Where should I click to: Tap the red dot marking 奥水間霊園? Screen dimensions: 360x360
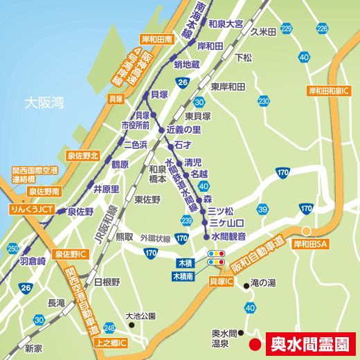click(254, 343)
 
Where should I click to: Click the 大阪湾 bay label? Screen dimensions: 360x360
click(44, 103)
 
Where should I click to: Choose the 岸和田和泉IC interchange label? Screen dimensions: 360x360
click(330, 91)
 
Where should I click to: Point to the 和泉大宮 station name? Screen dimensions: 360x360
click(226, 24)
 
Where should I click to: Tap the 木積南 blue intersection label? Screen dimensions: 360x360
click(187, 276)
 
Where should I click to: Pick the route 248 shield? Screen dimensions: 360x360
click(109, 327)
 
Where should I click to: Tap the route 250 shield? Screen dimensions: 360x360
click(12, 249)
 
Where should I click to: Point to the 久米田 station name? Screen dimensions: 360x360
click(264, 31)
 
